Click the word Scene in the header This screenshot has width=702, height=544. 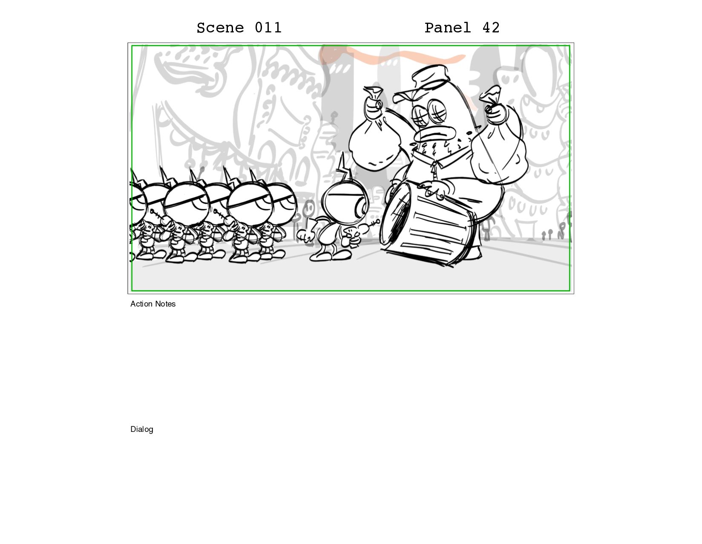(220, 28)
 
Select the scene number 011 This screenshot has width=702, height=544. (268, 28)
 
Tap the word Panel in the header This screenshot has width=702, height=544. (447, 28)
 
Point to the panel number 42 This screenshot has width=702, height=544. (491, 28)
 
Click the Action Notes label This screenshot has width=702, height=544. (153, 304)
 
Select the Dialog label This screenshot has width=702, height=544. (141, 429)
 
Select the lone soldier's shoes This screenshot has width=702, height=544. (330, 256)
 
